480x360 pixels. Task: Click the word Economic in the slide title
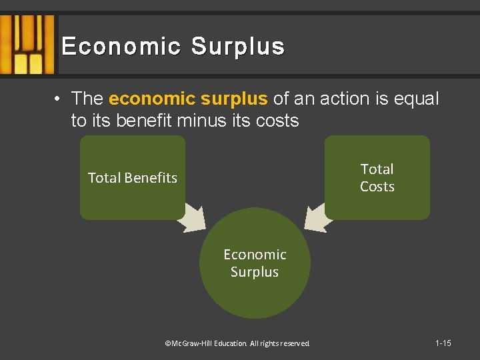coord(121,47)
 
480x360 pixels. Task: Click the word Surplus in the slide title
coord(238,47)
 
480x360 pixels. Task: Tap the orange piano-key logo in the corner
coord(27,44)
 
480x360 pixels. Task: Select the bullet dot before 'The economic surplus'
coord(59,99)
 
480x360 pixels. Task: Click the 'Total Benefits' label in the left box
coord(133,178)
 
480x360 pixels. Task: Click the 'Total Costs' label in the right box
coord(377,178)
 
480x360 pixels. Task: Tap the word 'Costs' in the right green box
coord(377,187)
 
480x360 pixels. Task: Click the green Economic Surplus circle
coord(255,293)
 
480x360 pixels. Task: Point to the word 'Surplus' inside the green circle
coord(255,272)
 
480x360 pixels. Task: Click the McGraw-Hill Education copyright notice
coord(237,343)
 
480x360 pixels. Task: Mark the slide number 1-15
coord(443,343)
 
